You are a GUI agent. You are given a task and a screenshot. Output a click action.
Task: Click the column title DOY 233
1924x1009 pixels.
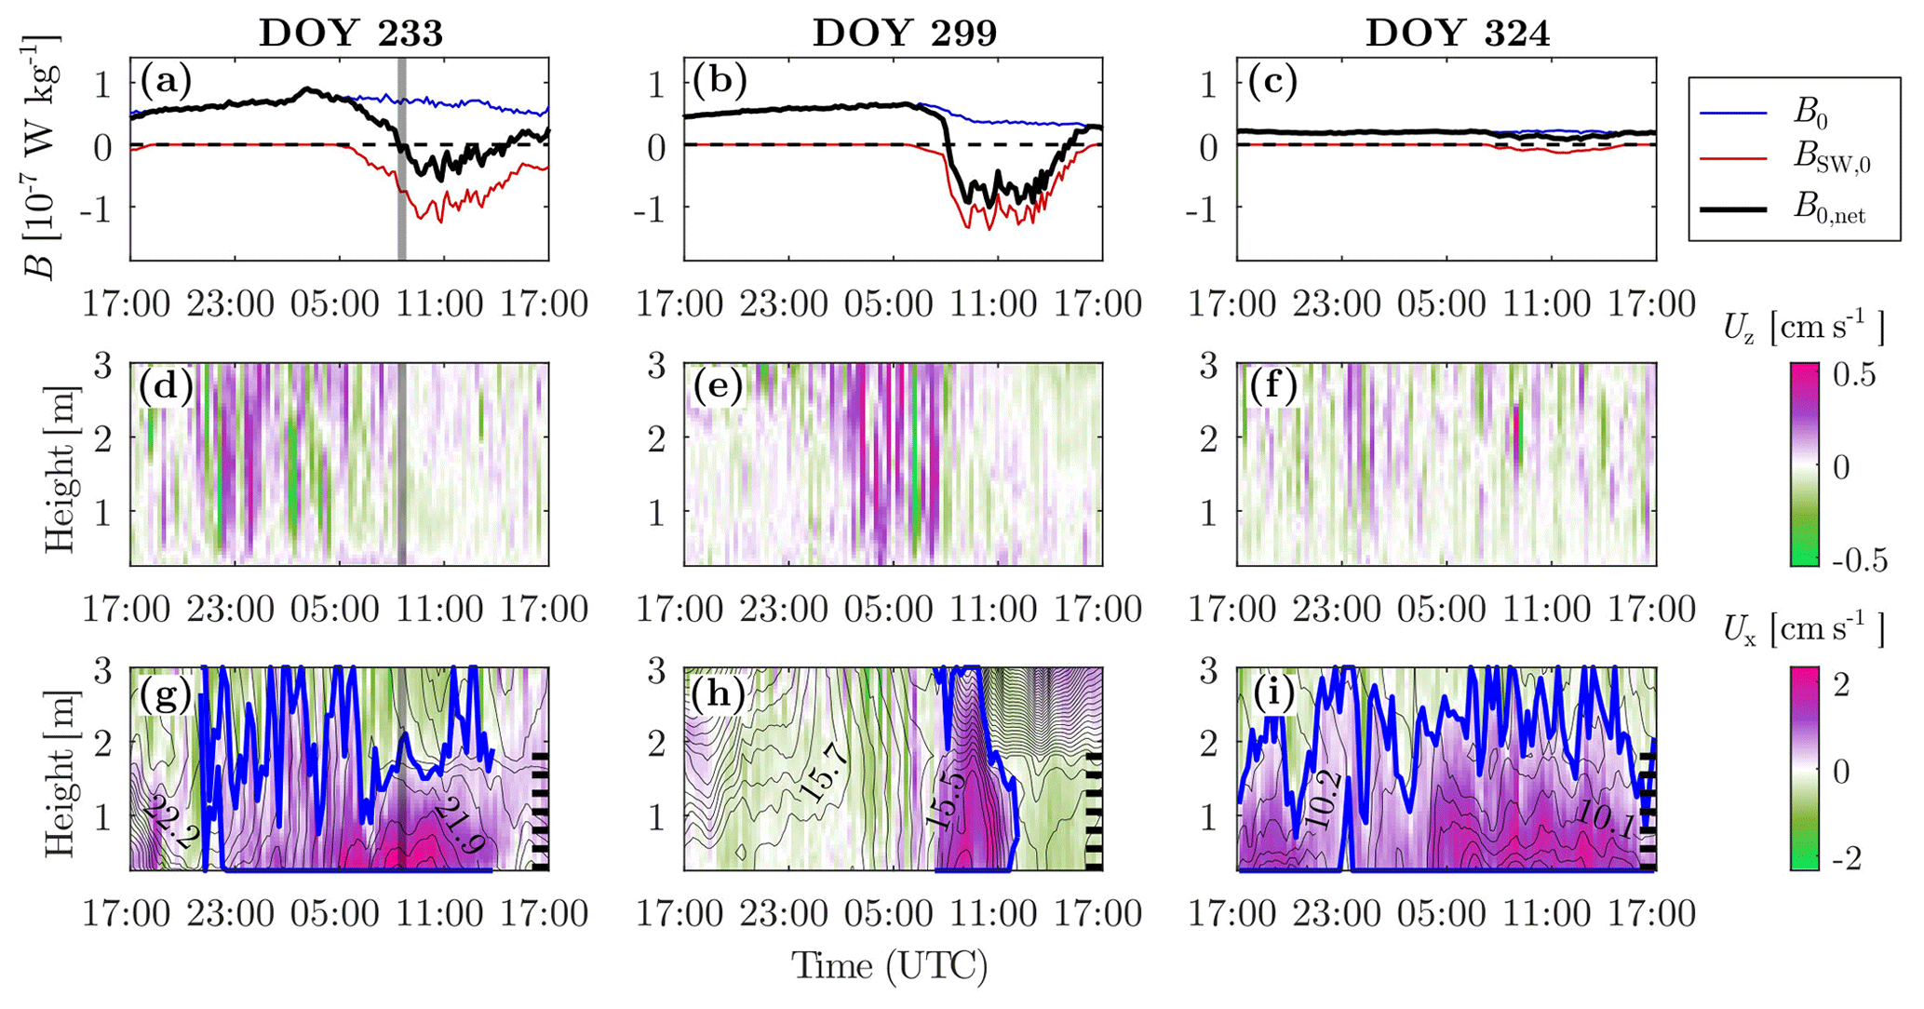(x=351, y=33)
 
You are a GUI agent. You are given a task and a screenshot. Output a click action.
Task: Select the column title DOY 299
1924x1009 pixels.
(x=904, y=33)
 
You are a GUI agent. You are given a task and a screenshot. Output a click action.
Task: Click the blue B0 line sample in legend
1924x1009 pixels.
(x=1733, y=113)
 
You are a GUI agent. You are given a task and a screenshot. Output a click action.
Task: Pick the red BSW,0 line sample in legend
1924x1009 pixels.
(x=1733, y=160)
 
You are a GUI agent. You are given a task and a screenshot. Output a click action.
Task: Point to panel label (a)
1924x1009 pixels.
(x=166, y=82)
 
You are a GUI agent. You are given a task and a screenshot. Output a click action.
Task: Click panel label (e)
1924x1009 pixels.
(x=719, y=387)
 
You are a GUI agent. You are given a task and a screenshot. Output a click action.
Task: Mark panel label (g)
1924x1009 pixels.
(x=166, y=693)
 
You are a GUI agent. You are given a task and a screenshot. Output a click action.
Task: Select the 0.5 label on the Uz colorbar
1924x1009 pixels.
(x=1854, y=375)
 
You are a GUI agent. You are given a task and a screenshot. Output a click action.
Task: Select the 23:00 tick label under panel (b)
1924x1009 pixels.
(x=784, y=303)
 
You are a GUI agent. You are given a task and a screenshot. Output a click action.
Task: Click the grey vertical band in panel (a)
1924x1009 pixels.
(x=402, y=158)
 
